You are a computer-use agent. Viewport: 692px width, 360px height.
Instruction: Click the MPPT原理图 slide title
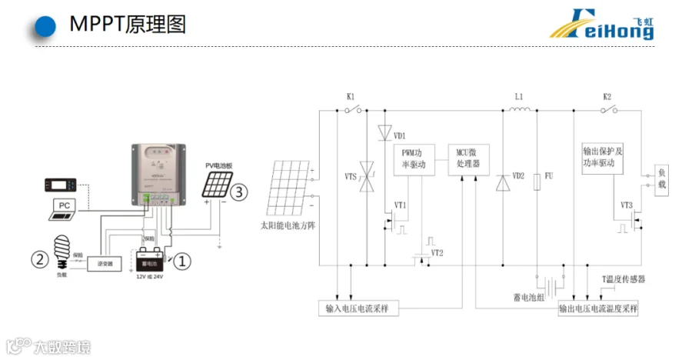point(128,25)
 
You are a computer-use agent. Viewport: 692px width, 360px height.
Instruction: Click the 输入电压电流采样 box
point(359,308)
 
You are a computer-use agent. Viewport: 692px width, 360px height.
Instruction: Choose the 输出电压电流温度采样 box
point(600,308)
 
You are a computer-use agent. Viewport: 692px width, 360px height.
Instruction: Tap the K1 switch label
point(351,98)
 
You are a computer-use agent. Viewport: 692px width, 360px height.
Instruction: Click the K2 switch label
point(607,98)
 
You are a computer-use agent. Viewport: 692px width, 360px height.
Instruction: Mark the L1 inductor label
point(518,98)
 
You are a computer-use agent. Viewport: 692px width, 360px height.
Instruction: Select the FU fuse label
point(549,176)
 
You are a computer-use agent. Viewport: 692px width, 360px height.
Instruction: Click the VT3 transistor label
point(627,205)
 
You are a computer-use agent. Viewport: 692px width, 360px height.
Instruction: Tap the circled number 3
point(241,192)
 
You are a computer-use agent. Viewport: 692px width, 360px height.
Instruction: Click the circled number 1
point(181,262)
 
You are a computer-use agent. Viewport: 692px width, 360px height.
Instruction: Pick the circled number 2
point(39,258)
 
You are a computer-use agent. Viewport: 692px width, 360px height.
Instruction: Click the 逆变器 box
point(105,264)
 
